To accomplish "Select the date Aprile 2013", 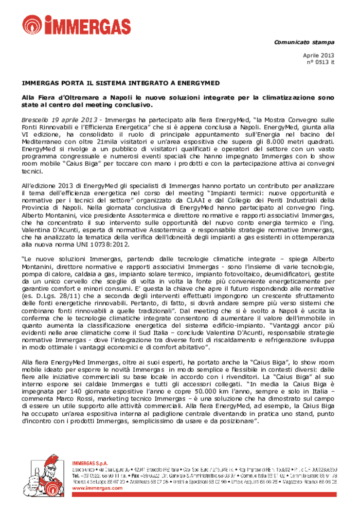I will [x=319, y=55].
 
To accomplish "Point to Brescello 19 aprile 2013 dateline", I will [x=59, y=119].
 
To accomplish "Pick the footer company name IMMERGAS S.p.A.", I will [x=90, y=462].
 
